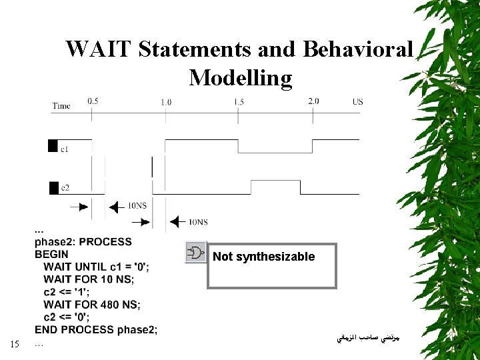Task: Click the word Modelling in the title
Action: pos(240,78)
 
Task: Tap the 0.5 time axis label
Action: pos(93,101)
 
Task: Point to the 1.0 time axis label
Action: pos(165,102)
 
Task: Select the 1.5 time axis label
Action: pos(239,102)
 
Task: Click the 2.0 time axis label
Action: pos(313,101)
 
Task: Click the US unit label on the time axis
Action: pos(358,102)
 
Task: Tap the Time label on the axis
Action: pos(61,105)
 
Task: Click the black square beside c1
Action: pos(53,146)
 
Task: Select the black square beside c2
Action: pos(53,187)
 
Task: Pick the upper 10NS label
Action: pos(137,206)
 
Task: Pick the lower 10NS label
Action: pos(198,222)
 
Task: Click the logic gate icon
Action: pos(196,253)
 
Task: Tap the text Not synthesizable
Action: pos(263,257)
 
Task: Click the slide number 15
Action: pos(15,345)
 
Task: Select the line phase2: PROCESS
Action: pos(83,241)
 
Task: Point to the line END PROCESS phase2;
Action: pos(96,329)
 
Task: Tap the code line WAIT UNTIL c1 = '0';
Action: pos(97,267)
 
